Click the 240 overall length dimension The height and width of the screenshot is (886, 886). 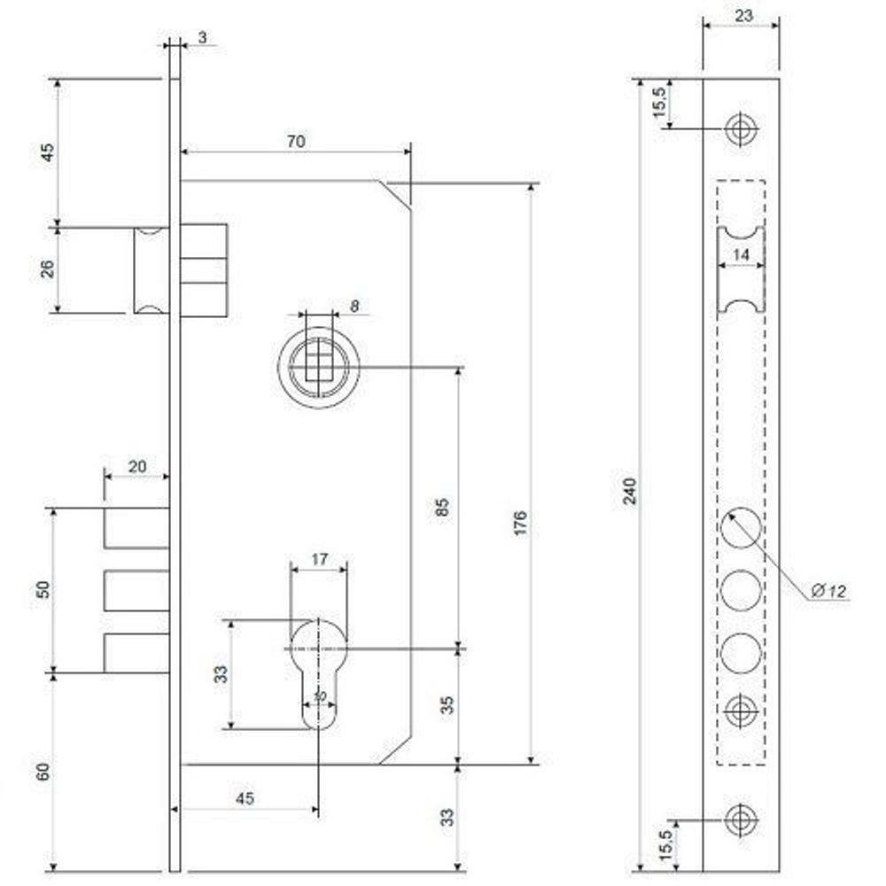coord(630,491)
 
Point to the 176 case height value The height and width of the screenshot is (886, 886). coord(520,523)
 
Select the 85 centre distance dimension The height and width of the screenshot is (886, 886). coord(444,507)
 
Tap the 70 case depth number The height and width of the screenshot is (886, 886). coord(296,141)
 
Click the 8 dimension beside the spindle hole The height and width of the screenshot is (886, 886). coord(354,306)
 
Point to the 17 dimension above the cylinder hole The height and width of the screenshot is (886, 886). coord(319,559)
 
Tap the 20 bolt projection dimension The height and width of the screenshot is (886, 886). coord(136,466)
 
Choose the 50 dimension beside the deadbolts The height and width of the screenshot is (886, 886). coord(43,590)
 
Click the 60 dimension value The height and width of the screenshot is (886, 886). coord(43,771)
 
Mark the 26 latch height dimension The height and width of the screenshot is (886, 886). coord(48,268)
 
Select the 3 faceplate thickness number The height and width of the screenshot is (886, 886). coord(203,37)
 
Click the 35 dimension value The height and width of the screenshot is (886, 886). coord(447,705)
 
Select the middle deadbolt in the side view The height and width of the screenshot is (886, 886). coord(136,591)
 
